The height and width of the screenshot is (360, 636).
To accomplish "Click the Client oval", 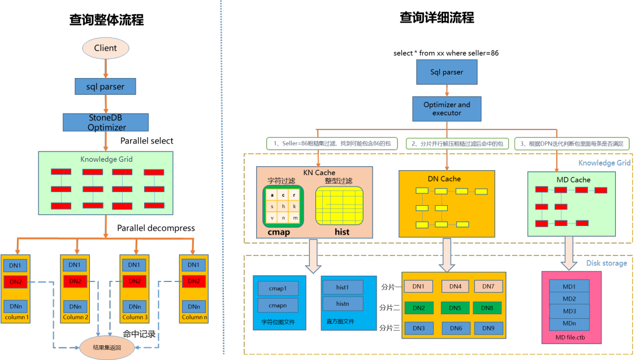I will (x=106, y=48).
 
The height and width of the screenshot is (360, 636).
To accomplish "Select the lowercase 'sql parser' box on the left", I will (x=106, y=86).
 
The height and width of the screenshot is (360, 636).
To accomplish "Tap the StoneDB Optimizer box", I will (x=106, y=122).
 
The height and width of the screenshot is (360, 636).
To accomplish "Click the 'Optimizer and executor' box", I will (x=447, y=109).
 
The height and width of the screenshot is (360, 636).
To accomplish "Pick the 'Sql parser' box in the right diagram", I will (x=447, y=72).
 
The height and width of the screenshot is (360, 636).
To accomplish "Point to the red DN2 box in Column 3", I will (x=134, y=281).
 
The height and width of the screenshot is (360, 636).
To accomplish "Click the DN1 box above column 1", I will (x=15, y=265).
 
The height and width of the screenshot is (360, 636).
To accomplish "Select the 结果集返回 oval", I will (x=107, y=347).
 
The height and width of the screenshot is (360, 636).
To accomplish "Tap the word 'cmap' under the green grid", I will (x=279, y=232).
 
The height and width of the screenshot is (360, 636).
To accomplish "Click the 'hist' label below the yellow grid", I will (x=341, y=232).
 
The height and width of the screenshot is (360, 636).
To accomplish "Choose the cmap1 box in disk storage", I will (x=278, y=289).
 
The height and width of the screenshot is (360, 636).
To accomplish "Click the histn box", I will (x=343, y=303).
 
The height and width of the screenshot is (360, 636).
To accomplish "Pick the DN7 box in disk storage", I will (x=488, y=287).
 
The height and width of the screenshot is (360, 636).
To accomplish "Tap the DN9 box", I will (x=488, y=328).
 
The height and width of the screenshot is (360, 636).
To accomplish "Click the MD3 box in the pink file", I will (x=569, y=311).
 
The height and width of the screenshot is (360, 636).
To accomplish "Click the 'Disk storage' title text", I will (x=606, y=263).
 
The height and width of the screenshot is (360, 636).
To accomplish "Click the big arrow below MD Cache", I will (x=569, y=253).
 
